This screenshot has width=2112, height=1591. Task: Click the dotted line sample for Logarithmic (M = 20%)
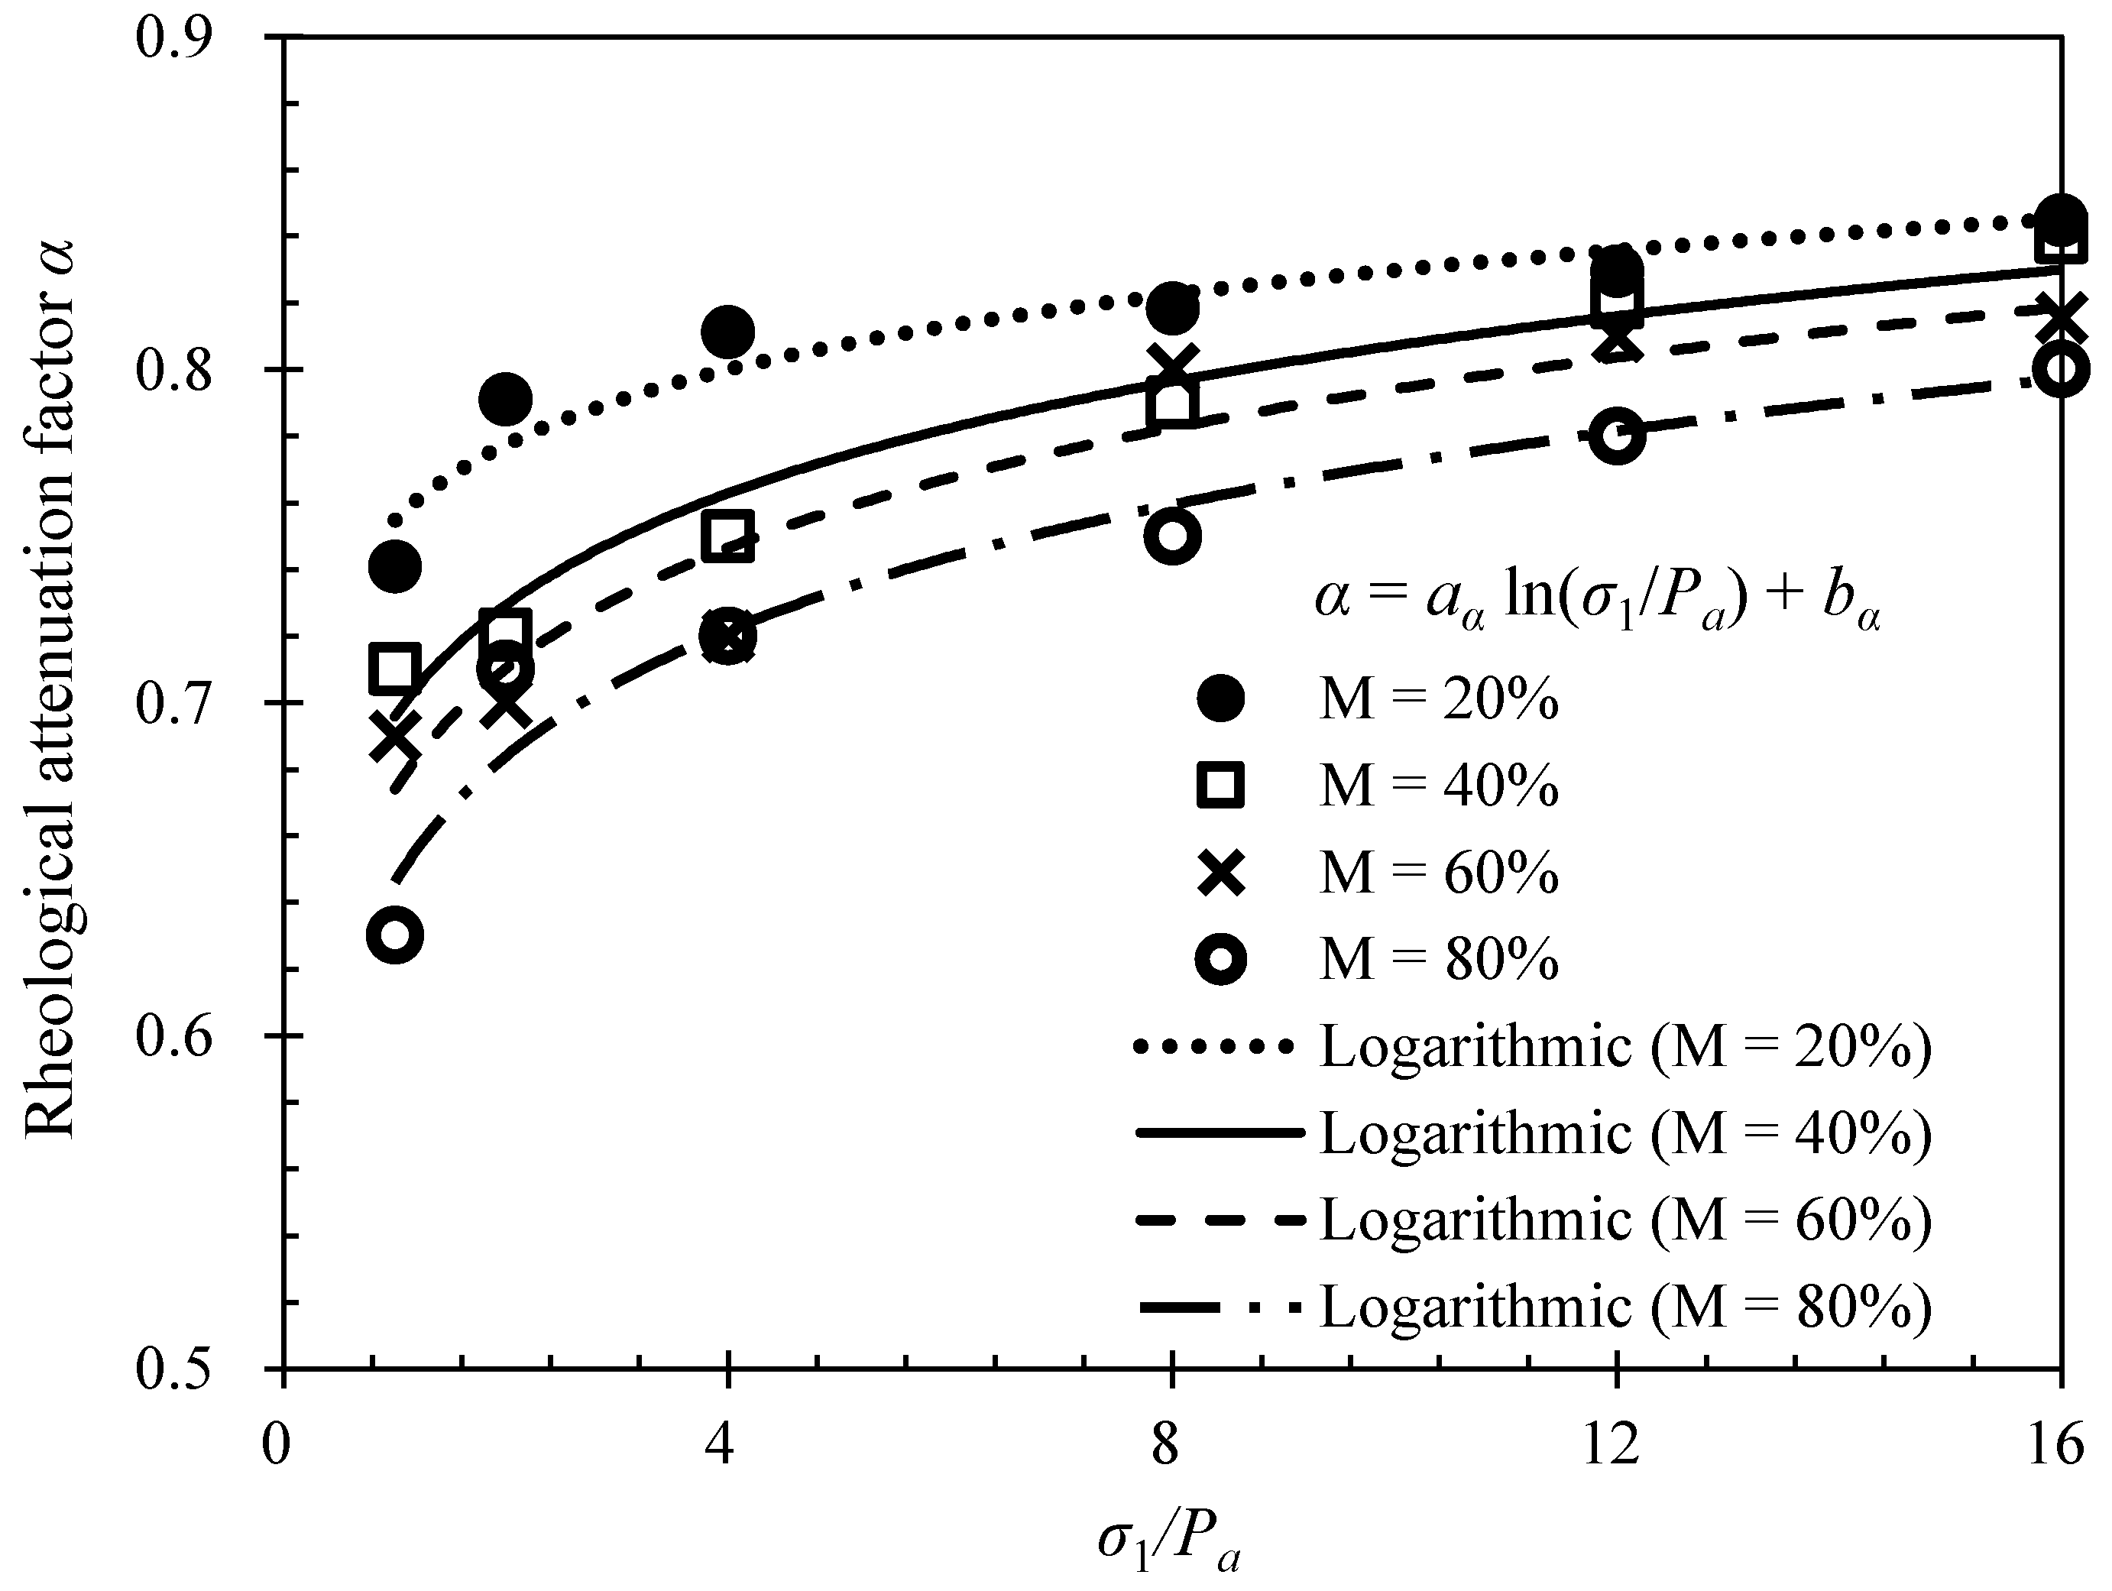[x=1216, y=1048]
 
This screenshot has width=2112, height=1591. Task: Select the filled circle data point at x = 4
[x=727, y=332]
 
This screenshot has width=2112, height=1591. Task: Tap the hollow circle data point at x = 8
[x=1171, y=536]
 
